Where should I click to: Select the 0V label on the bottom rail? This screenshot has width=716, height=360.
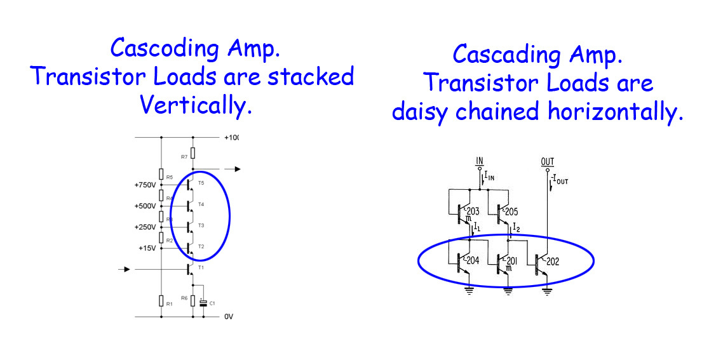[228, 316]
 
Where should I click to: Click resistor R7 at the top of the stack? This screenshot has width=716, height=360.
[193, 153]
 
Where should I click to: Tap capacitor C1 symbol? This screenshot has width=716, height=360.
[203, 303]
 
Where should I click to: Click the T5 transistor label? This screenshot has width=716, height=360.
[201, 183]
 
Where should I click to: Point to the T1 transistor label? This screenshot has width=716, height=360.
[201, 267]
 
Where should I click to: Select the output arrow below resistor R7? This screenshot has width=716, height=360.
[234, 169]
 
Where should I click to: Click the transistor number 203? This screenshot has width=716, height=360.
[473, 212]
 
